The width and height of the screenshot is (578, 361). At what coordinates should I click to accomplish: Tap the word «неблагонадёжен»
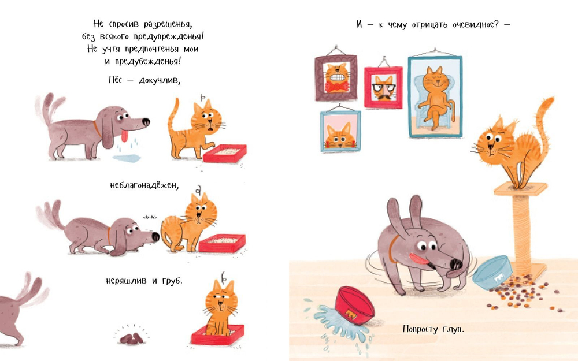coord(144,185)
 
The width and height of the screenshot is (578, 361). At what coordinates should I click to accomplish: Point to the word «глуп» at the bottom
coord(453,329)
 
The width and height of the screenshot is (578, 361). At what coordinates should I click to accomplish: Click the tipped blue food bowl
coord(492,272)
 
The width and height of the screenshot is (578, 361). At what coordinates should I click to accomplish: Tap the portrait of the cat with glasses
coord(383,87)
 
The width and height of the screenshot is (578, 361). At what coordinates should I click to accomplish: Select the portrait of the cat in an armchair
coord(435,96)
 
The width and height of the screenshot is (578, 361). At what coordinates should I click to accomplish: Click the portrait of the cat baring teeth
coord(336,78)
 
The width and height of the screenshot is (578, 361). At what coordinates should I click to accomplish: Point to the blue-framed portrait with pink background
coord(340,131)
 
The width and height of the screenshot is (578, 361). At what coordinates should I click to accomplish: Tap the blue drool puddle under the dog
coord(127,158)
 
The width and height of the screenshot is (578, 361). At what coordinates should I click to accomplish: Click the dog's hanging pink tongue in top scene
coord(125,136)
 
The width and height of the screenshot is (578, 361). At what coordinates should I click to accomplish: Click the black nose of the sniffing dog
coord(155,236)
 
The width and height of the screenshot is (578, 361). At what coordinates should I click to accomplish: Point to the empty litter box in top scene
coord(224,153)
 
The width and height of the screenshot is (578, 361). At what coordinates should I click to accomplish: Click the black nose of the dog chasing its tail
coord(457,264)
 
